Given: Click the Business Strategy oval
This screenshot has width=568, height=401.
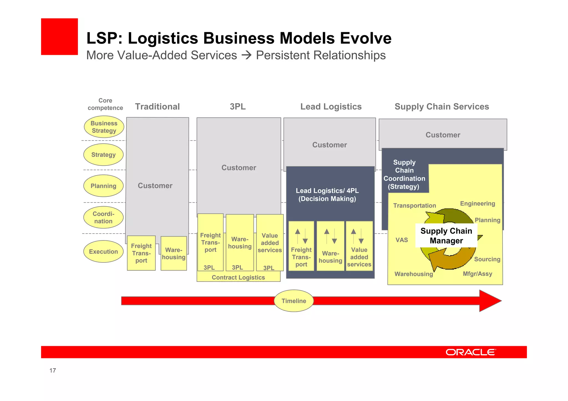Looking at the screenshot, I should [x=104, y=127].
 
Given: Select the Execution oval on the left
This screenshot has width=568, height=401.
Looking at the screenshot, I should [x=103, y=251].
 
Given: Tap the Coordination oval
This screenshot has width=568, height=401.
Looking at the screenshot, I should [x=103, y=217].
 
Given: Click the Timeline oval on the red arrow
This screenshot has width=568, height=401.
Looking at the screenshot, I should [x=294, y=301].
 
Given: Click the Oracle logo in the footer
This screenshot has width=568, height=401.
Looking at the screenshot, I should [x=471, y=352].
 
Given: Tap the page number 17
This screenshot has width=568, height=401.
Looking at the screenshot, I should [x=53, y=371].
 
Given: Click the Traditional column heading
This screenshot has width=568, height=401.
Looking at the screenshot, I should [x=157, y=107].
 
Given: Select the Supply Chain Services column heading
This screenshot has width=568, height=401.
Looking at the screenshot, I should [x=442, y=107].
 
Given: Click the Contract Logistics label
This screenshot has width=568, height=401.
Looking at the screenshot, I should [x=238, y=277].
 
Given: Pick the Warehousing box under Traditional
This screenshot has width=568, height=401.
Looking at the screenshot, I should [x=174, y=253].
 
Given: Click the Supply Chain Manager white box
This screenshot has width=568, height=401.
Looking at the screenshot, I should [x=446, y=236].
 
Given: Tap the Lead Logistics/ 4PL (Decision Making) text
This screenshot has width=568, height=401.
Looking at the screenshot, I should [x=327, y=195].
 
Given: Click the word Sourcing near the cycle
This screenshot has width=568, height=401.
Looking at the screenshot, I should [x=487, y=259].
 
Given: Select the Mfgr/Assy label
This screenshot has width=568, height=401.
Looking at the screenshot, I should [x=477, y=274].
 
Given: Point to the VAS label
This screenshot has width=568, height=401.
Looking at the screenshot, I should [x=402, y=240].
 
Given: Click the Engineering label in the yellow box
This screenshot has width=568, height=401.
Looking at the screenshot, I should [x=477, y=204].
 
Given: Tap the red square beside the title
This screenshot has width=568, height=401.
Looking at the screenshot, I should [x=59, y=37].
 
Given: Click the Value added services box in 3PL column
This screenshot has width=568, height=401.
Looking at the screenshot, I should [x=270, y=243].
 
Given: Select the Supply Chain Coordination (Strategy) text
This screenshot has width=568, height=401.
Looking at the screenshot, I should [x=404, y=175].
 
